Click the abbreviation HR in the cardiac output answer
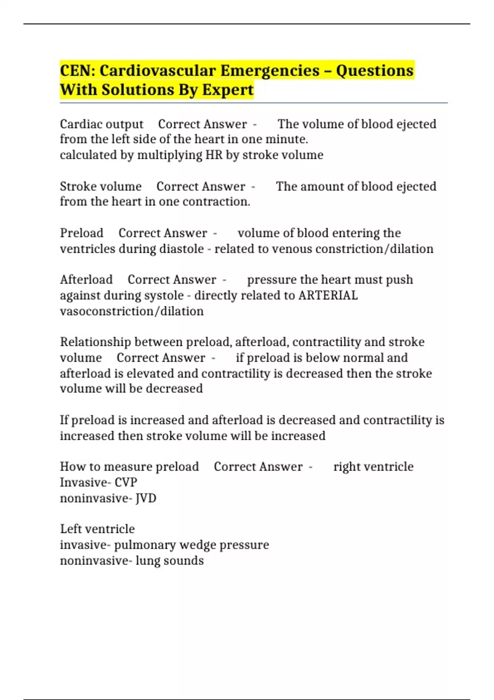click(214, 155)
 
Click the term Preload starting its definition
click(82, 233)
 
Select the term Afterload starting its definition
click(86, 280)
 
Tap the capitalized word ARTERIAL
click(328, 295)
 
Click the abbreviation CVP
click(126, 482)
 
